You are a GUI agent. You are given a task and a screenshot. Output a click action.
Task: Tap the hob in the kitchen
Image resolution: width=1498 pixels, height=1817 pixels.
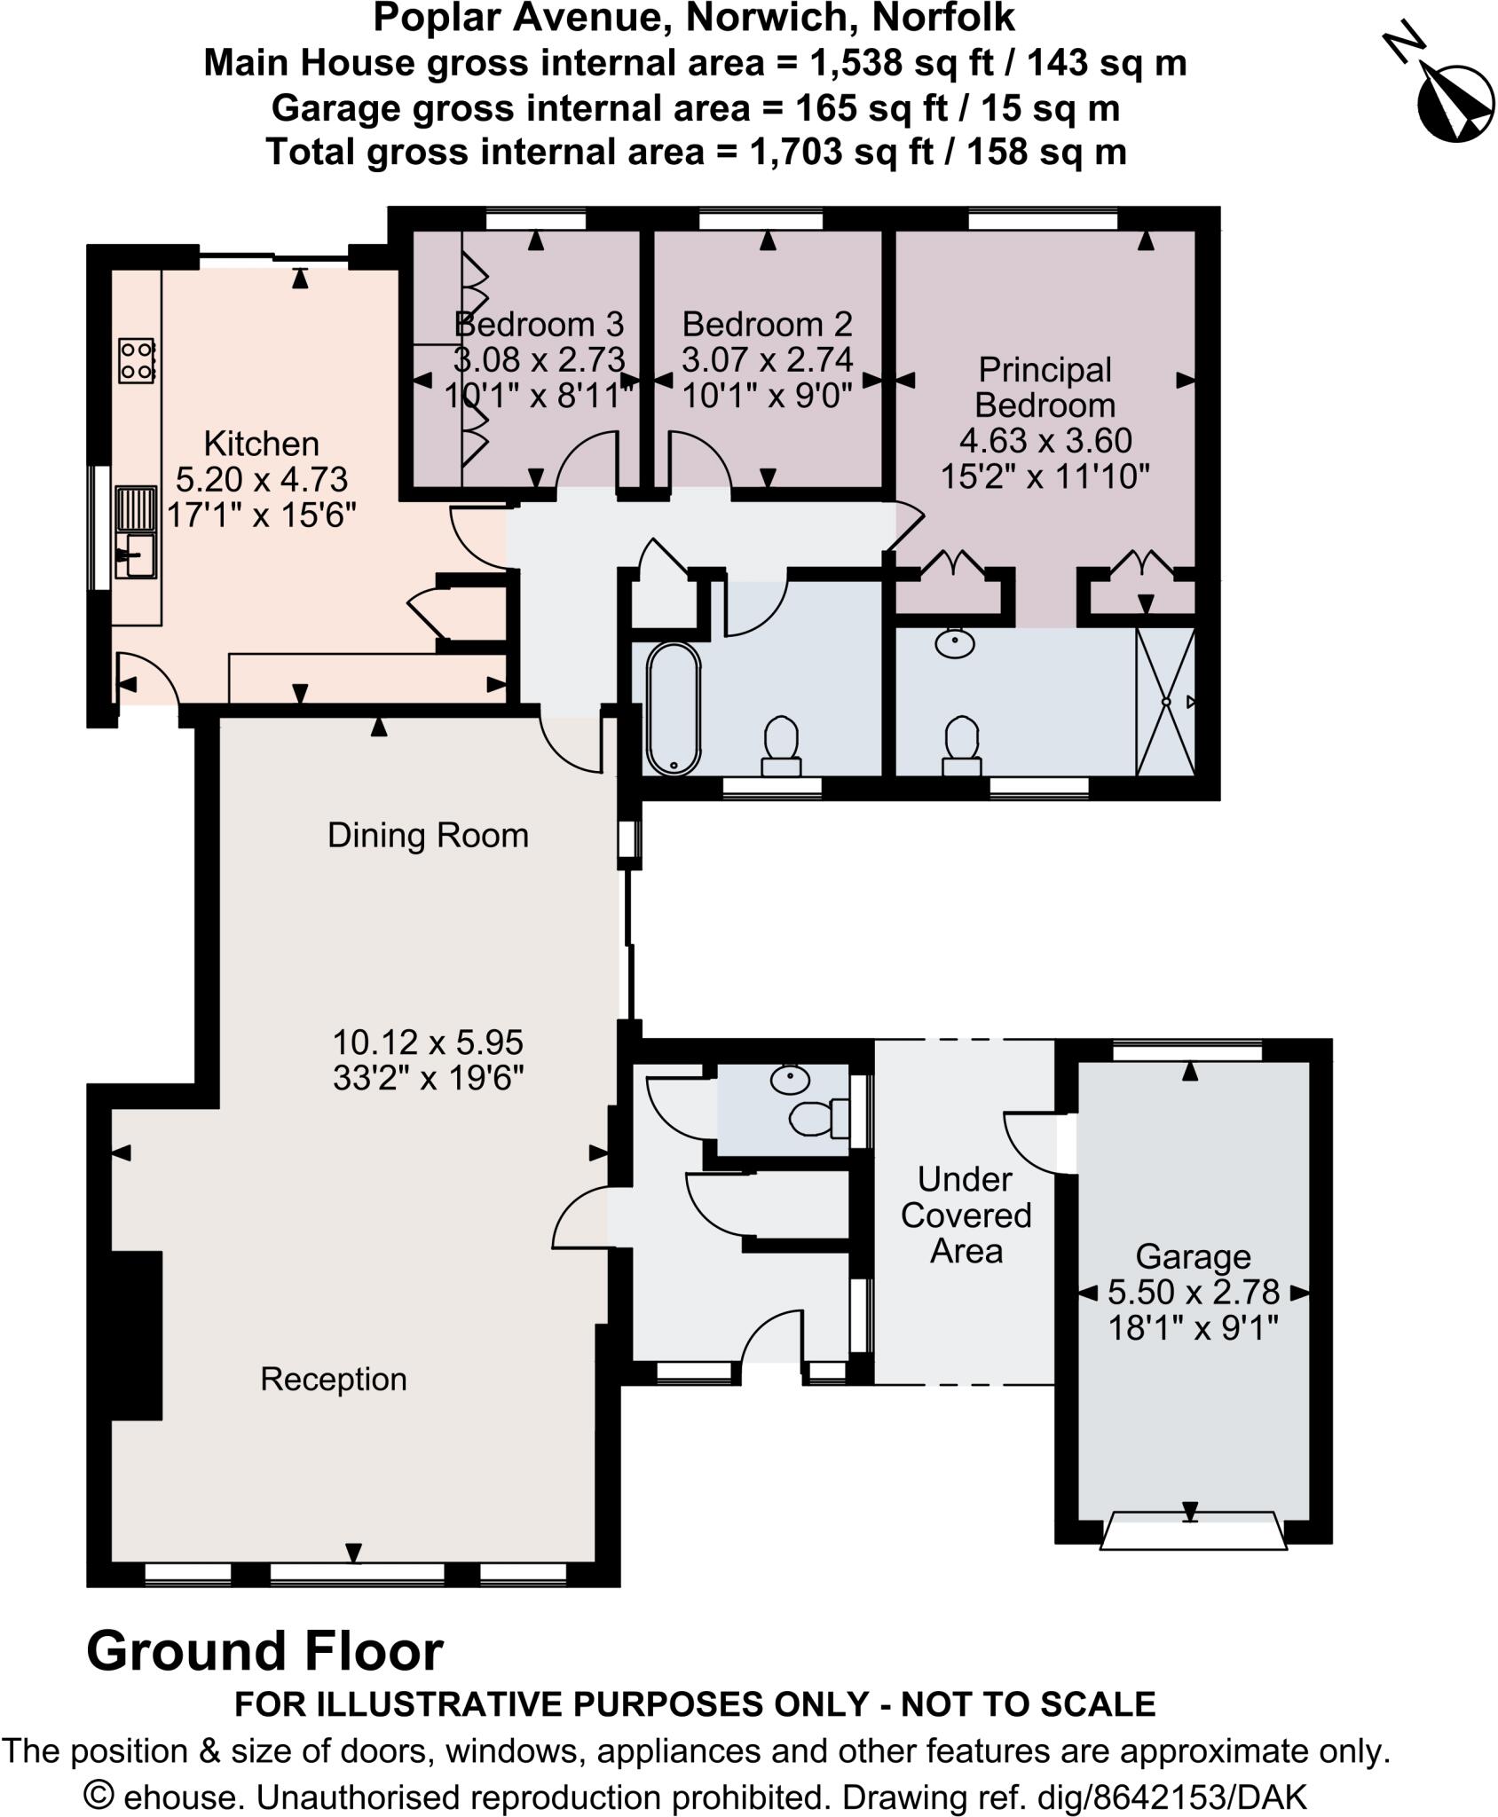click(137, 360)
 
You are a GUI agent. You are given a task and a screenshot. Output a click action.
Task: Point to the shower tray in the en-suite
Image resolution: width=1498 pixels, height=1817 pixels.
click(1166, 701)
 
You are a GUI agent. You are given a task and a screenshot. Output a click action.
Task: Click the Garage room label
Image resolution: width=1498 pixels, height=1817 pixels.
click(1193, 1256)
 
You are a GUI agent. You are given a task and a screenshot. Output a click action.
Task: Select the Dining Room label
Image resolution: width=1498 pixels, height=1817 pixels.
click(428, 835)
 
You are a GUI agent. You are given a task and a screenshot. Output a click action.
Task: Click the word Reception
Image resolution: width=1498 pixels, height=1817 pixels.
click(334, 1379)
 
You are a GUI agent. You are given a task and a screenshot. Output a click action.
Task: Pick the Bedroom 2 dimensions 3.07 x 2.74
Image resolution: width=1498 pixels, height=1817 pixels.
click(767, 360)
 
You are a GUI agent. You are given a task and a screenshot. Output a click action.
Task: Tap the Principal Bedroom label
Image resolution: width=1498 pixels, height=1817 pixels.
click(1045, 387)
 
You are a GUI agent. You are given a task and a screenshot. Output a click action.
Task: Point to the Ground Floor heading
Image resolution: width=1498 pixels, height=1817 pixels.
click(264, 1651)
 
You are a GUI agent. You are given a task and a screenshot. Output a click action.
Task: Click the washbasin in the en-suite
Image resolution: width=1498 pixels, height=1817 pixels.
click(954, 643)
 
